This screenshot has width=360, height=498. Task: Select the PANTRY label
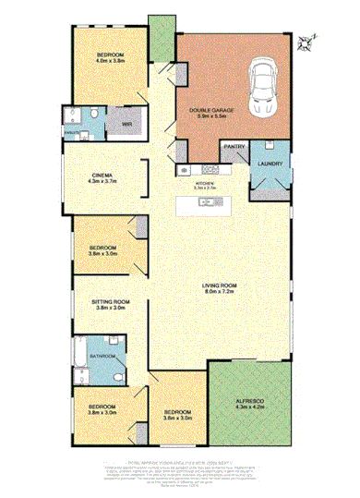(x=234, y=146)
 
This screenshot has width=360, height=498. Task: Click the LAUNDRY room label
(x=270, y=164)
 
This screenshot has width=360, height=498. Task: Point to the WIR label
(x=115, y=122)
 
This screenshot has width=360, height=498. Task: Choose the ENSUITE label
(x=70, y=131)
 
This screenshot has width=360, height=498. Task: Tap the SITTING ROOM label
(x=110, y=301)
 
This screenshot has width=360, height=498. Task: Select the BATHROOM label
(x=102, y=356)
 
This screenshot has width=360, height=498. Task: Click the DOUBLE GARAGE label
(x=211, y=111)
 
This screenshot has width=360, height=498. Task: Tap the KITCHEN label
(x=205, y=184)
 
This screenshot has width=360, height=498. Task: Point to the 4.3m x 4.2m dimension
(x=251, y=407)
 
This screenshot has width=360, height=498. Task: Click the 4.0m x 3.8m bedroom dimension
(x=111, y=62)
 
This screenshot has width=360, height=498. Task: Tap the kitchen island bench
(x=205, y=203)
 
